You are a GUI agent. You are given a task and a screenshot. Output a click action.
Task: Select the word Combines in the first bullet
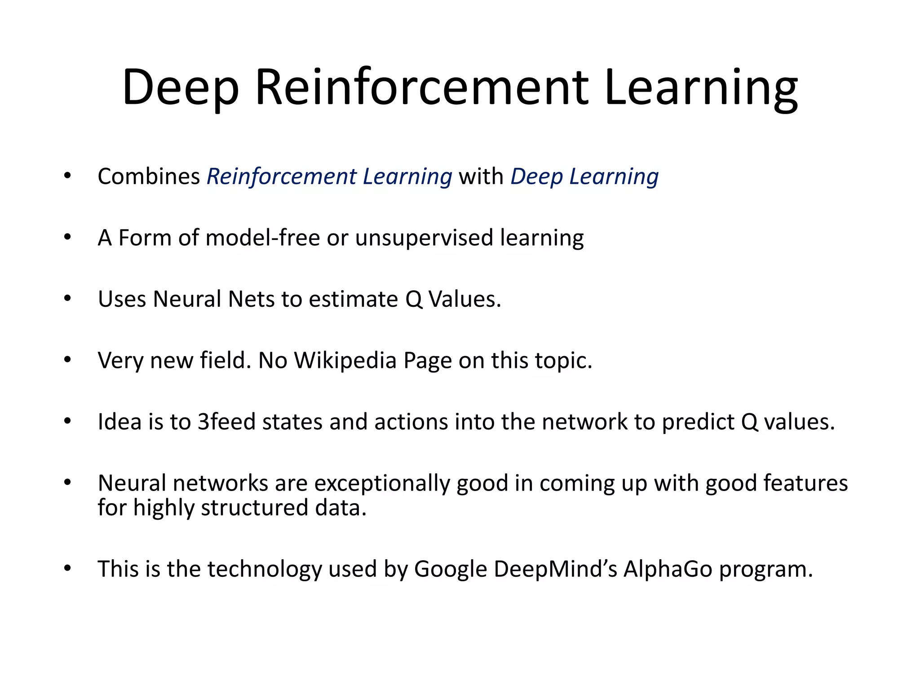[x=149, y=176]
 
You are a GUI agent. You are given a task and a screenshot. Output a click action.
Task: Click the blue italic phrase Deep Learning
[x=584, y=176]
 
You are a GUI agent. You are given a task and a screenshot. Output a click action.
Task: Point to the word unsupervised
[x=424, y=238]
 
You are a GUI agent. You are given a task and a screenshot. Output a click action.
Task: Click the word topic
[x=564, y=360]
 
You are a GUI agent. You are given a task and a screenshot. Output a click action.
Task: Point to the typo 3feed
[x=226, y=422]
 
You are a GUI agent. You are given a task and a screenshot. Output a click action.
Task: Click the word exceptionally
[x=382, y=483]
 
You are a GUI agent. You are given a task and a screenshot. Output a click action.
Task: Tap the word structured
[x=254, y=508]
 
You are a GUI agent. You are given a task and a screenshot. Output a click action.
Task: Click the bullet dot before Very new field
[x=67, y=359]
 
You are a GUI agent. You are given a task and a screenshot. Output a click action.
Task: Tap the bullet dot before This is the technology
[x=67, y=568]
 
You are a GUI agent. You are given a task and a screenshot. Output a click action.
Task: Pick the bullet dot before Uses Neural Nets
[x=67, y=298]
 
